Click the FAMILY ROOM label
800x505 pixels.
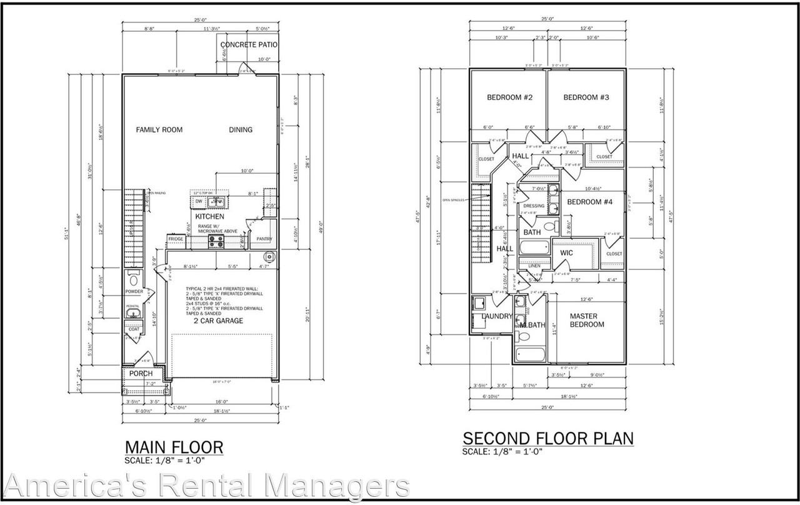pos(159,130)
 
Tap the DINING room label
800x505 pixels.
pos(241,130)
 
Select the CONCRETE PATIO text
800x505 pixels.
pos(249,45)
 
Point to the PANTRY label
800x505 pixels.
pos(264,239)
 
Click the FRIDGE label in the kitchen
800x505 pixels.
pos(175,239)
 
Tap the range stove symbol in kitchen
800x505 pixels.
pos(216,239)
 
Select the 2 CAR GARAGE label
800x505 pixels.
pos(218,321)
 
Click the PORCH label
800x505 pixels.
pos(141,374)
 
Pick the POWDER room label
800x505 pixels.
pos(134,292)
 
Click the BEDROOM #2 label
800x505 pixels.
pos(509,97)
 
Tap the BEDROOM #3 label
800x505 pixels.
pos(586,97)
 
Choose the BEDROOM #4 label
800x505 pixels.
pos(589,202)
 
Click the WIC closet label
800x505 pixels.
pos(566,252)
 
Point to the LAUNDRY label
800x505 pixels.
pos(497,316)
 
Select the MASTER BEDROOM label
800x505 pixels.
pos(587,320)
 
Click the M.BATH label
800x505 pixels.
pos(533,324)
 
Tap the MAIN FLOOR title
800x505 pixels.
pos(174,447)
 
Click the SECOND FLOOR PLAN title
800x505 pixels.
pos(547,438)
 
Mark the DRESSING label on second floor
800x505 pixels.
pos(534,206)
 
